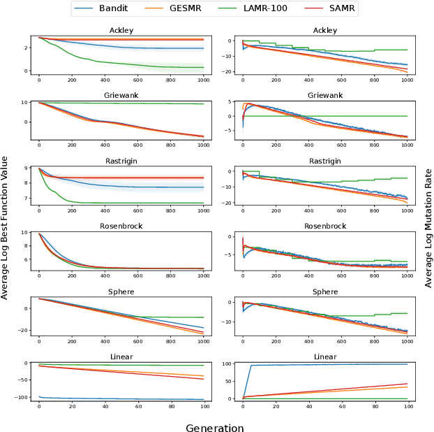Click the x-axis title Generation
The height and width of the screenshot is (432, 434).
click(x=215, y=427)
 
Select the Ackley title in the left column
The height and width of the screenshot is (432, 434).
click(x=121, y=31)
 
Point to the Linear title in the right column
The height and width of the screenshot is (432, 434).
click(x=324, y=357)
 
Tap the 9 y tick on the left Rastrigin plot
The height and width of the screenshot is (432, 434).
click(x=24, y=168)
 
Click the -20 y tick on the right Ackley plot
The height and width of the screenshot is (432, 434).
click(x=226, y=72)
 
